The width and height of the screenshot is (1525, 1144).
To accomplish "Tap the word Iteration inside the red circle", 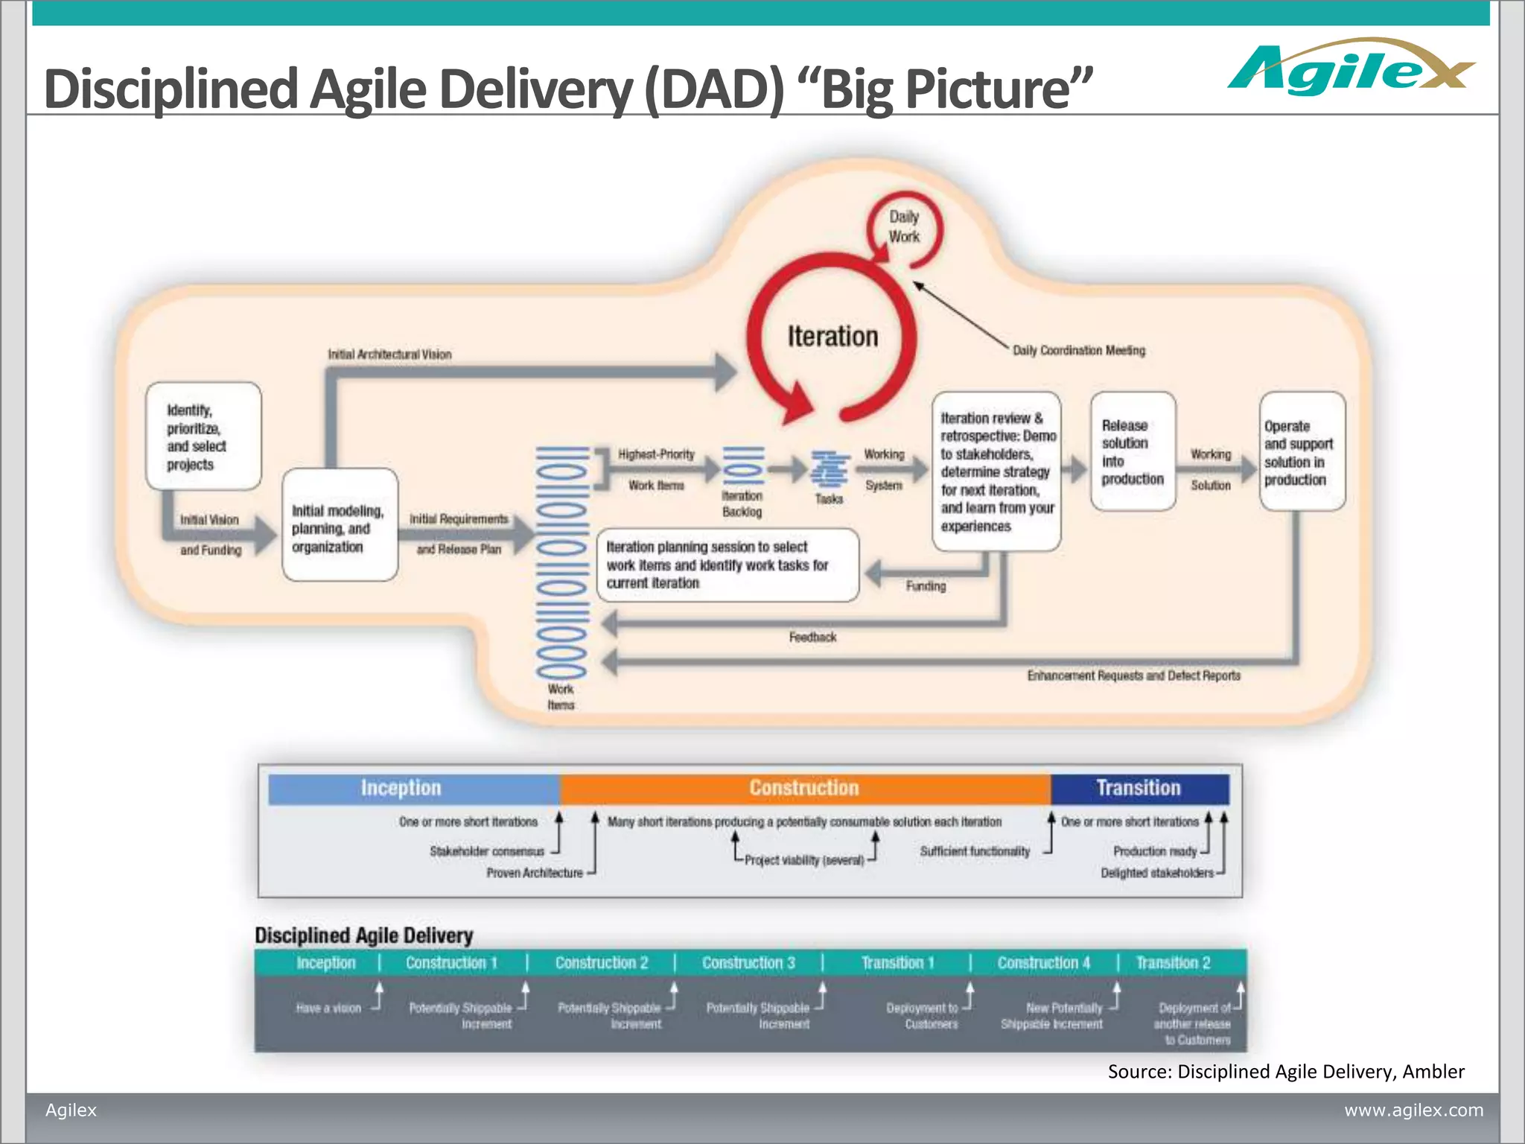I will tap(832, 337).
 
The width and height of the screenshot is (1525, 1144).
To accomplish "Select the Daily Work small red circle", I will tap(904, 227).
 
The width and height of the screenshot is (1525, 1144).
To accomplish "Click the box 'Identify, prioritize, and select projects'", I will tap(203, 436).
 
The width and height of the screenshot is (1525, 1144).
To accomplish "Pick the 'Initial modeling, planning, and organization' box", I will tap(340, 526).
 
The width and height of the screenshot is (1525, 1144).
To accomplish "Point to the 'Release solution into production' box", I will tap(1133, 451).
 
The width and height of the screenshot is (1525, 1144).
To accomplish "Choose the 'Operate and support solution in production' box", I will tap(1302, 452).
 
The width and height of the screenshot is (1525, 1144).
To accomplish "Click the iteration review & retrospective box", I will tap(996, 471).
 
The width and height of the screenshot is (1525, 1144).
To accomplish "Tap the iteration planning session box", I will tap(727, 565).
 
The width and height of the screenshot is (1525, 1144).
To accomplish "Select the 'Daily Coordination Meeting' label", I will tap(1078, 350).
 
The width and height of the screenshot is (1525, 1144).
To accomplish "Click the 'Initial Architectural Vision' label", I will tap(389, 355).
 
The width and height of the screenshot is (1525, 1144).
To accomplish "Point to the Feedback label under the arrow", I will tap(812, 637).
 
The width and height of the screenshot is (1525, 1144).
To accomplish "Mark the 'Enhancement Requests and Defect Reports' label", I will tap(1133, 676).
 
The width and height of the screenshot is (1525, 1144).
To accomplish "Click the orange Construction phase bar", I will tap(804, 788).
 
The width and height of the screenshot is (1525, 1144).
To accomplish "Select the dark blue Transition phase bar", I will tap(1139, 788).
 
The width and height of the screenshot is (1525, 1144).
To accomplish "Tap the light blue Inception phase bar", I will tap(413, 788).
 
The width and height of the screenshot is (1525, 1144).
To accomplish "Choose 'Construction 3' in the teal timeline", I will tap(748, 963).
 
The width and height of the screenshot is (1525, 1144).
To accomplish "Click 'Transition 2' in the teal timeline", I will tap(1173, 963).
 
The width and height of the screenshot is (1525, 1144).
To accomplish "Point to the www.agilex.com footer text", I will tap(1413, 1110).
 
